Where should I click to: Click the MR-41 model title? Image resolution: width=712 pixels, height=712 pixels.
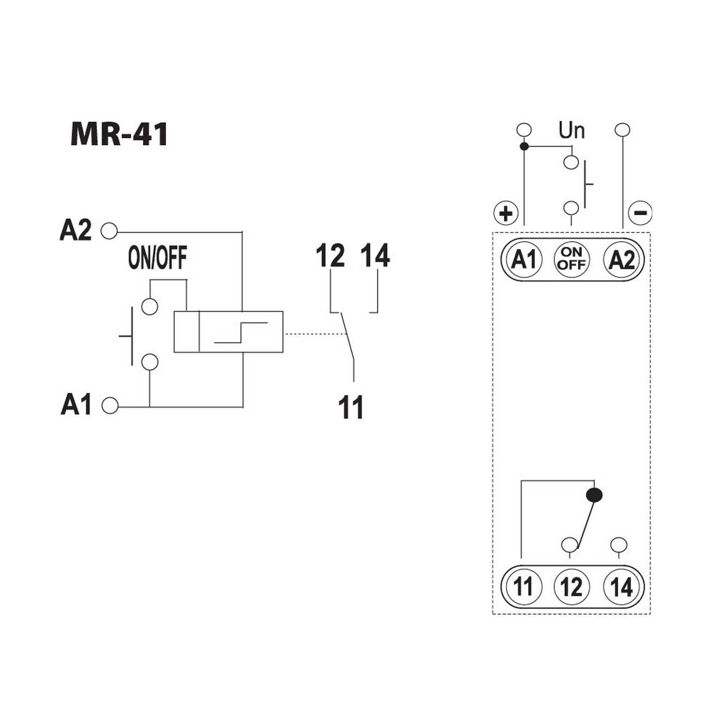click(x=119, y=134)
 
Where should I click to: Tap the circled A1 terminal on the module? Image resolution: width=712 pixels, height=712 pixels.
click(x=524, y=260)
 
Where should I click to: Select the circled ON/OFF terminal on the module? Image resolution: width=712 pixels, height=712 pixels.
click(x=571, y=260)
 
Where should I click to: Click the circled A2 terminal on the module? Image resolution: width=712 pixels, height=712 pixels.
click(x=621, y=260)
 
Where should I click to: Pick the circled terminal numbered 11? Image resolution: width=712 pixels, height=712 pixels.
click(x=524, y=586)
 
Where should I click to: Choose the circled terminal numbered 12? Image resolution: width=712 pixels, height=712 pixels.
click(x=571, y=586)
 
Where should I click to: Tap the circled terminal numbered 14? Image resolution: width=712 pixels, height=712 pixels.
click(x=621, y=586)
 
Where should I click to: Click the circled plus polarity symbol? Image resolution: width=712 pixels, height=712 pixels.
click(x=506, y=213)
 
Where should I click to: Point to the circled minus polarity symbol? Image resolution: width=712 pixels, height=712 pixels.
click(x=640, y=213)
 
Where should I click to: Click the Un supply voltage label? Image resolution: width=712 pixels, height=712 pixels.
click(x=571, y=130)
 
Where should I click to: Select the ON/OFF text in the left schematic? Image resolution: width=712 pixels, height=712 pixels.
click(x=158, y=258)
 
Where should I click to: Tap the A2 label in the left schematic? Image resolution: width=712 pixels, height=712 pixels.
click(x=75, y=230)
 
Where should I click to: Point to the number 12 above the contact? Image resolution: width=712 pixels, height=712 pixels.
click(x=330, y=256)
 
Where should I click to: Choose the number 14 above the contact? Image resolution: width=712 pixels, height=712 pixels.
click(x=375, y=256)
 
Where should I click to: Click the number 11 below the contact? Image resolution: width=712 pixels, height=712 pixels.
click(x=351, y=408)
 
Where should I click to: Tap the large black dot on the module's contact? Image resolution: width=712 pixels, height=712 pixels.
click(x=594, y=496)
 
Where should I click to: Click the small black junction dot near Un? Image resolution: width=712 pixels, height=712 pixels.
click(x=524, y=146)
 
